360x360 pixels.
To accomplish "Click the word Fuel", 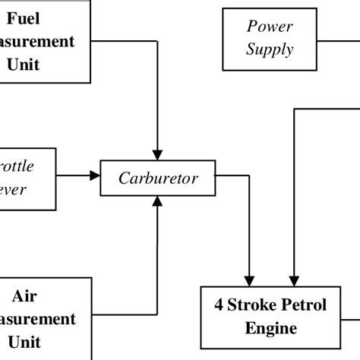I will [x=46, y=17].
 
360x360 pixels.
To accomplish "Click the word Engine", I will [x=270, y=329].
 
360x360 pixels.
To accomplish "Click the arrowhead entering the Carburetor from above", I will [x=156, y=155].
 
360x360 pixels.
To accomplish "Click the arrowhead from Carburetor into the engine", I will [x=248, y=279].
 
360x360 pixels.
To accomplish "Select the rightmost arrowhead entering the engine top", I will [x=292, y=279].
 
